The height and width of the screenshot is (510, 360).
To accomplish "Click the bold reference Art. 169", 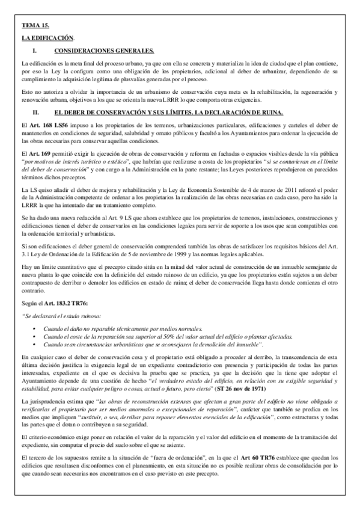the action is point(38,155).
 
